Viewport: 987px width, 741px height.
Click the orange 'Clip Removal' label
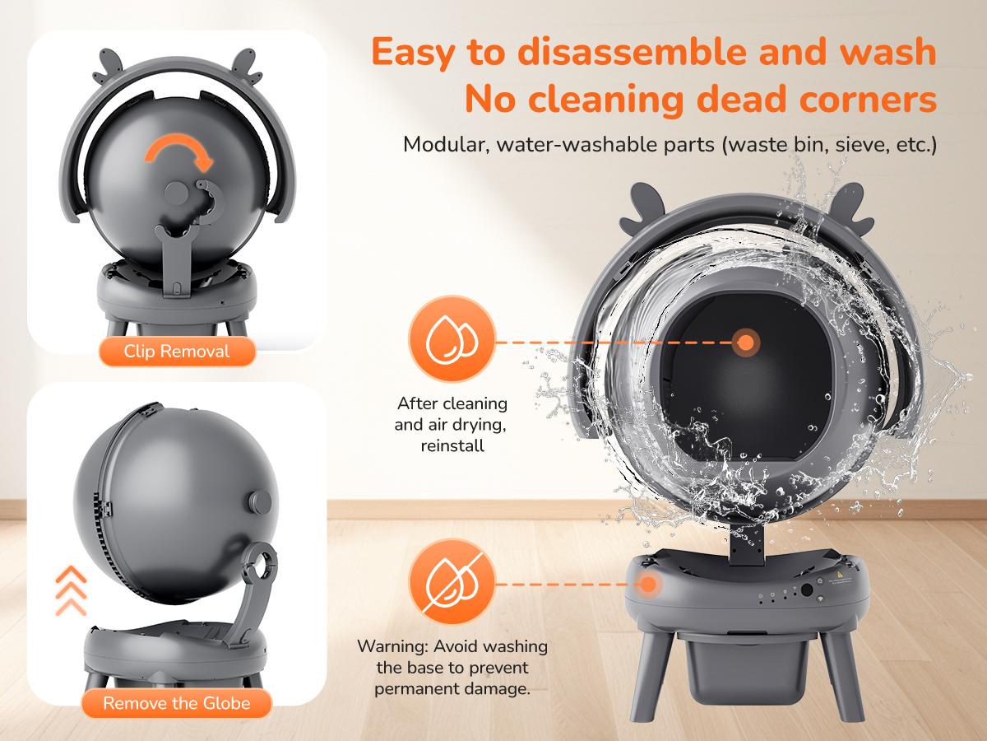(177, 352)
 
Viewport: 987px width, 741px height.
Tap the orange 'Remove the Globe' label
(177, 703)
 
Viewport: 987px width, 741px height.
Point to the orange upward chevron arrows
(71, 590)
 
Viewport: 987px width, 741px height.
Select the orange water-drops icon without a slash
(452, 338)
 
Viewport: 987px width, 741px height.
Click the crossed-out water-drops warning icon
(452, 582)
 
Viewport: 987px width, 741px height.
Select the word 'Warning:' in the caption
(392, 646)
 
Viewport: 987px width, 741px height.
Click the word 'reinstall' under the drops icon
(452, 446)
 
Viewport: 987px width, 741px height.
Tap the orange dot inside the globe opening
(746, 343)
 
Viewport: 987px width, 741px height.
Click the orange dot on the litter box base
(648, 585)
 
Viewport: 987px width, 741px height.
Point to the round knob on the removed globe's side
(260, 501)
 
